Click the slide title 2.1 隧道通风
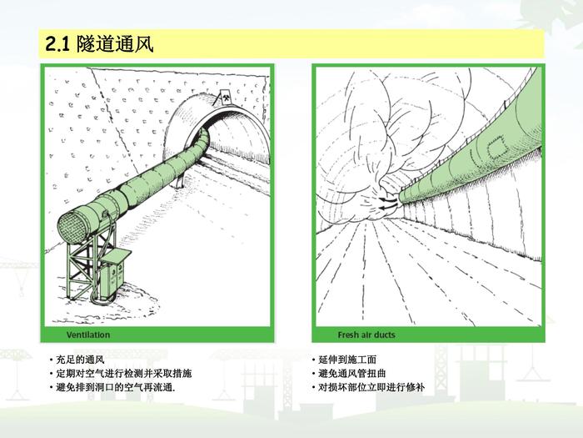pos(99,44)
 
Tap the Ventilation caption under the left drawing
pos(88,335)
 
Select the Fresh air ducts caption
pos(366,335)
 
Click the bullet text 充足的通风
pos(80,360)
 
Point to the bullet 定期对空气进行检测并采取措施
pos(124,373)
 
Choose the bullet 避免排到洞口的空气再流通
pos(116,387)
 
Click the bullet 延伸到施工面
pos(347,360)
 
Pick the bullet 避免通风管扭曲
pos(352,373)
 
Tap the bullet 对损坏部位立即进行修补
pos(371,387)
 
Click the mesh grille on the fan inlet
pos(73,227)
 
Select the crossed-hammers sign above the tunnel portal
pos(226,98)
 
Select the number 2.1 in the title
pos(57,44)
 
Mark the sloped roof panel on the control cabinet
pos(116,256)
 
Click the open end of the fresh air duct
pos(401,197)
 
